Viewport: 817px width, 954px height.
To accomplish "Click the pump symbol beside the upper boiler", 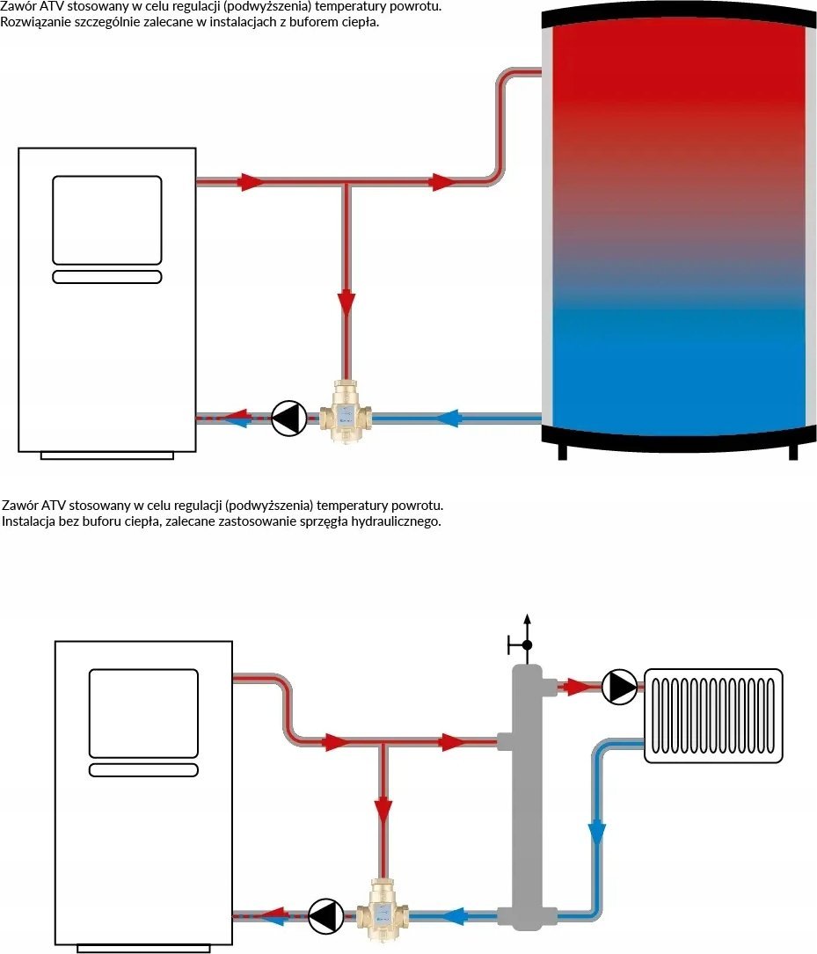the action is pos(288,418).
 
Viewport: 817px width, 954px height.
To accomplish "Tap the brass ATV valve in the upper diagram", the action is pos(346,411).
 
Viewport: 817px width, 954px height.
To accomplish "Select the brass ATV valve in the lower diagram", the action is pos(382,908).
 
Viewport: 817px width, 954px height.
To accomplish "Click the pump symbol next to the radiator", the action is pos(619,687).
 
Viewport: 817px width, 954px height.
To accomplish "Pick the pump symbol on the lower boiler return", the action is pos(325,915).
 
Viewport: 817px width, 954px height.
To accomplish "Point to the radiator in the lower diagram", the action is pos(713,716).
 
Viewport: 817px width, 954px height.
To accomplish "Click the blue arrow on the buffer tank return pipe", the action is pos(449,418).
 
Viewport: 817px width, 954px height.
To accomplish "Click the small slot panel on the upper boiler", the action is pos(107,277).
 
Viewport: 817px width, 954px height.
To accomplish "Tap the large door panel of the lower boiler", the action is pos(143,714).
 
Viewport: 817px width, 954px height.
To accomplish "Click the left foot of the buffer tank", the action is pos(562,452).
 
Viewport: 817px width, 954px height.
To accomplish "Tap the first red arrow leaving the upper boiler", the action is pos(251,181).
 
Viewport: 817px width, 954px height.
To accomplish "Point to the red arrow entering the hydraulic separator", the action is pos(452,742).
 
